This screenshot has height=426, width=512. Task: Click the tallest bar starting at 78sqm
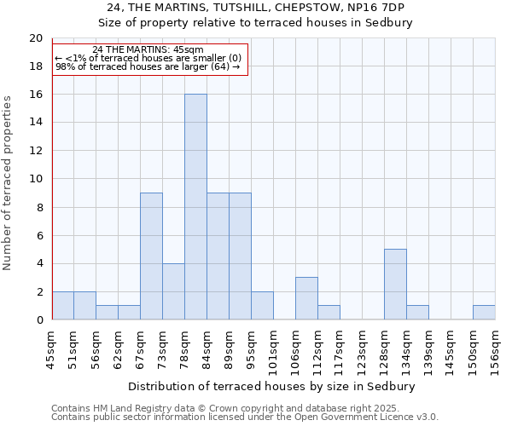[x=195, y=207]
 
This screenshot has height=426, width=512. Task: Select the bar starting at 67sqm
[x=151, y=256]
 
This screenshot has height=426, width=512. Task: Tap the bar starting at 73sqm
[x=173, y=291]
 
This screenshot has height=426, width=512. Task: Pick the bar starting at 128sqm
[x=395, y=285]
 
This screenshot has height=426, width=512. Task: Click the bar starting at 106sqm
[x=306, y=298]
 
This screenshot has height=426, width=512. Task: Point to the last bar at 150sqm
[x=484, y=313]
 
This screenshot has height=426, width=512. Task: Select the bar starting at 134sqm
[x=417, y=313]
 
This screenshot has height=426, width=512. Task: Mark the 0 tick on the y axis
[x=38, y=319]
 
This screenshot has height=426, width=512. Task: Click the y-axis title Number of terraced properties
[x=9, y=182]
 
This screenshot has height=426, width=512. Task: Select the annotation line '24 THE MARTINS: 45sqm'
[x=147, y=50]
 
